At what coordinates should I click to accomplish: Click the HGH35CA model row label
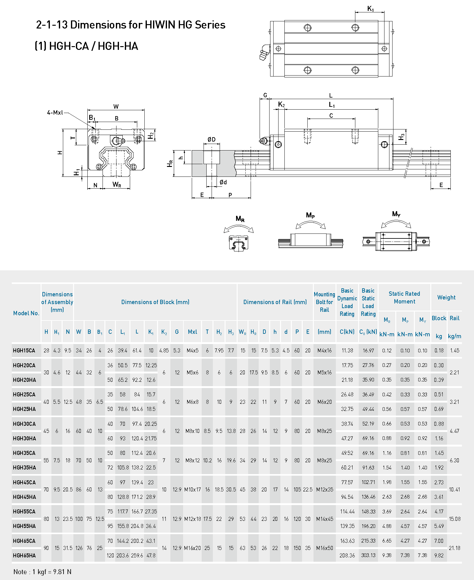pos(24,453)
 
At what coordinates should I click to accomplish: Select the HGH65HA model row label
pos(24,556)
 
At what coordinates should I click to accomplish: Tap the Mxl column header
pos(192,332)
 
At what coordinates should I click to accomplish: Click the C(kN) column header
pos(347,332)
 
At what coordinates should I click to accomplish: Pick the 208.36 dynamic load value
pos(347,556)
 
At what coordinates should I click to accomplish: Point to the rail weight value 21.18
pos(454,548)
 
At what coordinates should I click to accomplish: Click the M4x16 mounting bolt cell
pos(324,351)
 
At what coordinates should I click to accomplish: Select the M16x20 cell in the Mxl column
pos(192,548)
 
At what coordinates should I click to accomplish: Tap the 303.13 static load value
pos(368,556)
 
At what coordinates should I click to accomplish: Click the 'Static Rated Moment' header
pos(404,298)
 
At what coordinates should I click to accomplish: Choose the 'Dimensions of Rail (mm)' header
pos(275,302)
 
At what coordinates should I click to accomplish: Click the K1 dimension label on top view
pos(371,9)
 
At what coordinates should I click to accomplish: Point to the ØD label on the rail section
pos(212,140)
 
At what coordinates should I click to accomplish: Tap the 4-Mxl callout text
pos(55,113)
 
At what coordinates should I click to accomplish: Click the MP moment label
pos(310,215)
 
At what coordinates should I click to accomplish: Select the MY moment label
pos(396,214)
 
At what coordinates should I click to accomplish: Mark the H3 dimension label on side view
pos(402,137)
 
